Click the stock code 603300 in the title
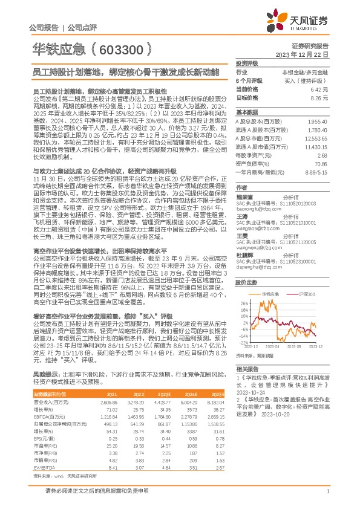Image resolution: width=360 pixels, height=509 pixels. coord(122,48)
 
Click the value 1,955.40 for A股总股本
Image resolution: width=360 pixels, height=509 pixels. coord(318,122)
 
